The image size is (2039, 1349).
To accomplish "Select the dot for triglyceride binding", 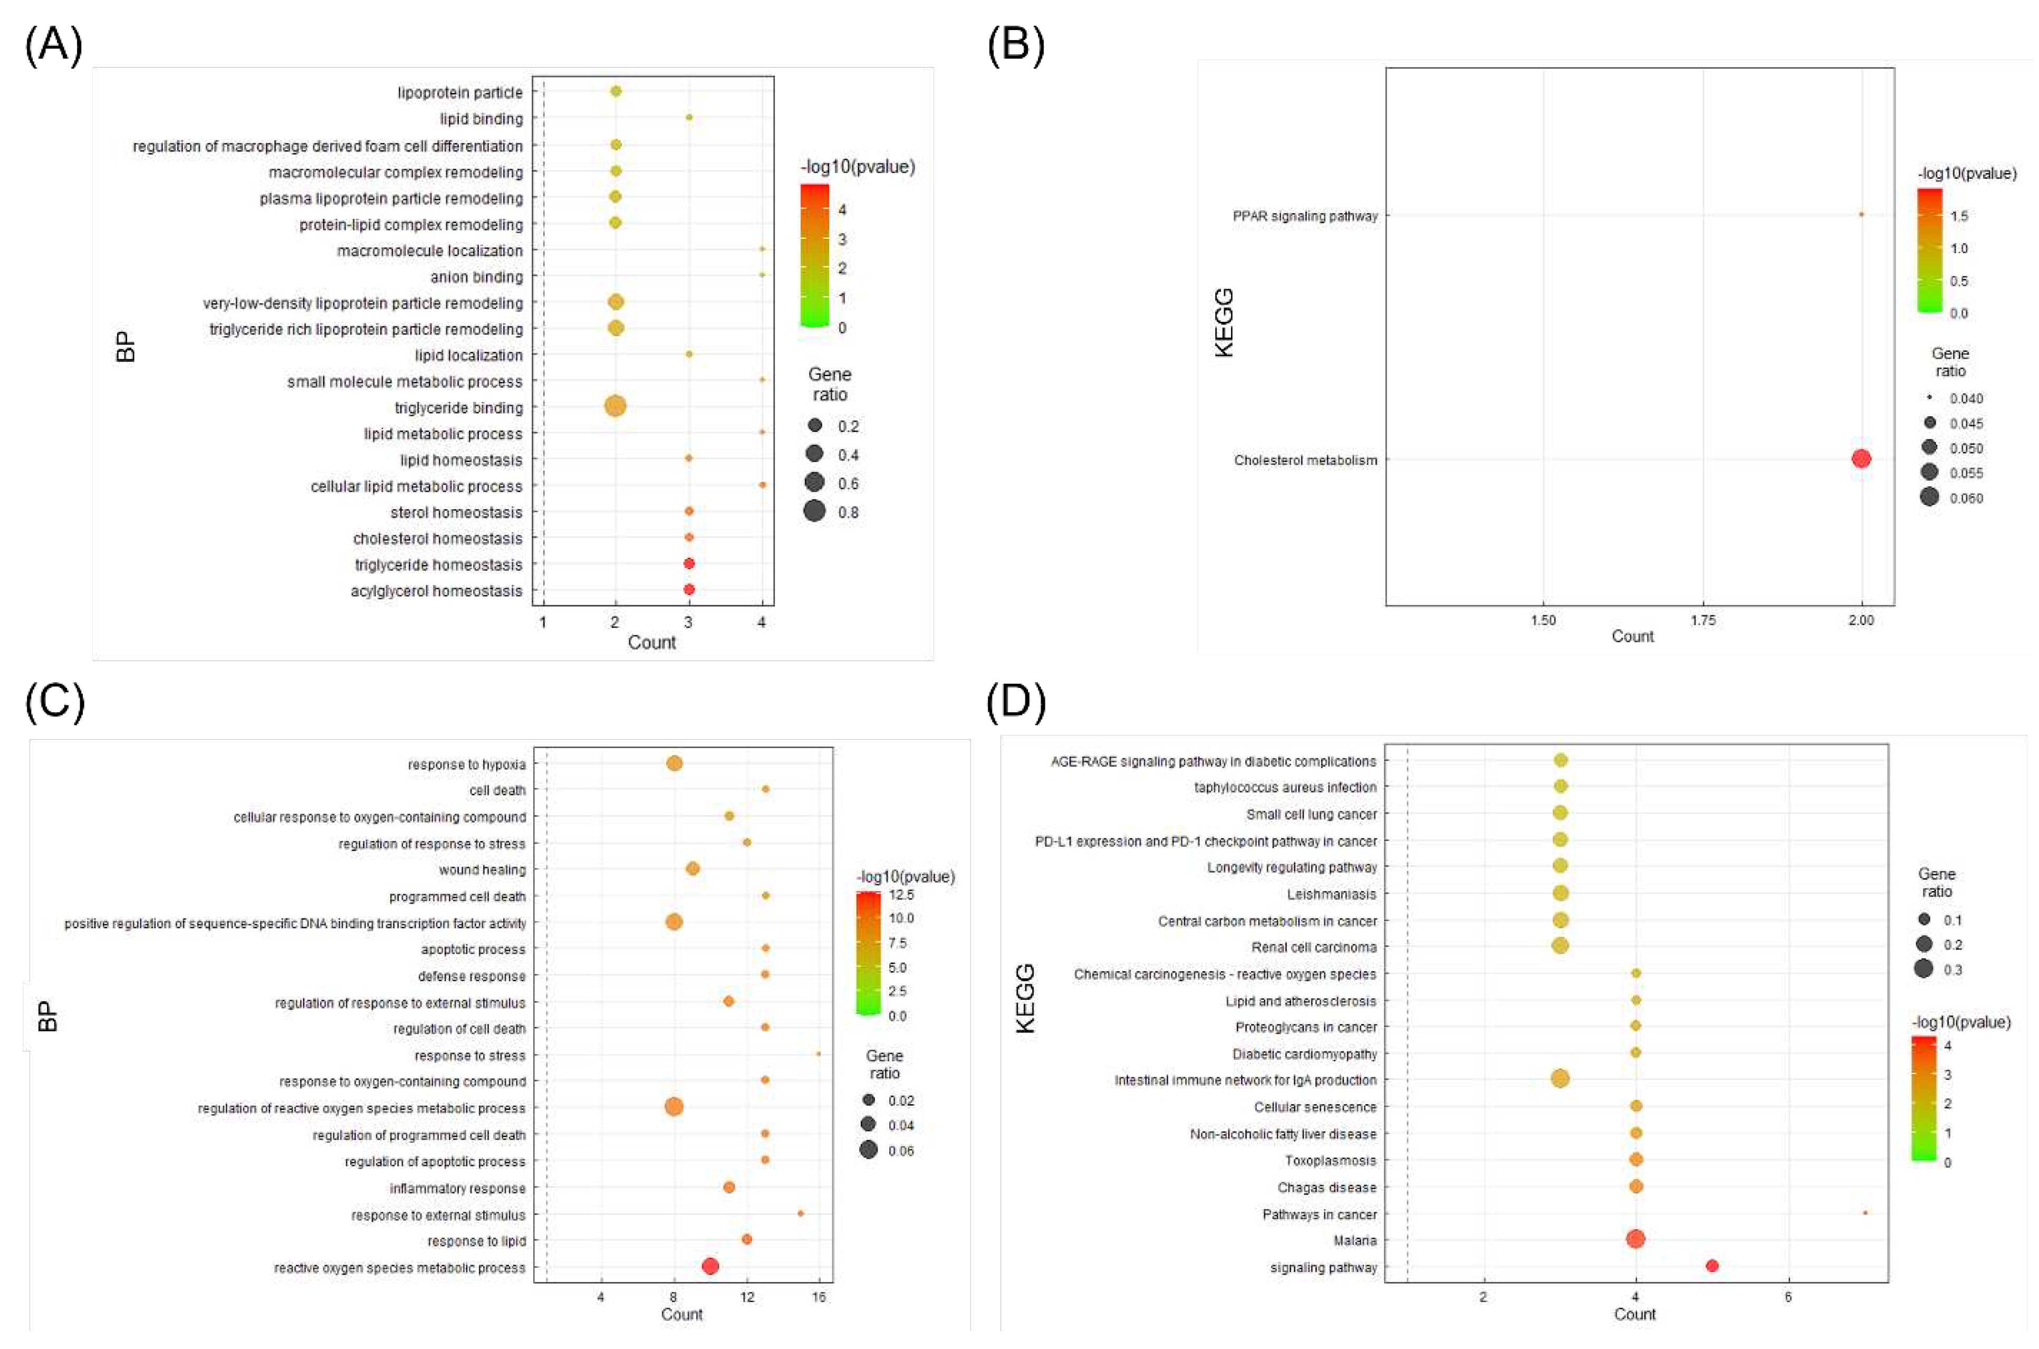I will (x=615, y=406).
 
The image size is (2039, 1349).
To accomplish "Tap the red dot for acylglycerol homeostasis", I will (x=689, y=589).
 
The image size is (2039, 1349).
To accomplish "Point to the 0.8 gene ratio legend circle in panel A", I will (x=814, y=512).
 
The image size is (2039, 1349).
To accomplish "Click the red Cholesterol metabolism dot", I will (x=1861, y=458).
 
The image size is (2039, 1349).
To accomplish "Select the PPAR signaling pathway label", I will (x=1305, y=216).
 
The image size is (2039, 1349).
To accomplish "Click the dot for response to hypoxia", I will (x=674, y=763).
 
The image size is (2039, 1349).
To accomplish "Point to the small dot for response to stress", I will (x=818, y=1054).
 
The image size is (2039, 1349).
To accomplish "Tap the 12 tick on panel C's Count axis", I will (x=746, y=1297).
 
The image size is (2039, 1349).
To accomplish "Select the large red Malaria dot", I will (x=1636, y=1239).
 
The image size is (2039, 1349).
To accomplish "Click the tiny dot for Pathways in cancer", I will (x=1864, y=1212).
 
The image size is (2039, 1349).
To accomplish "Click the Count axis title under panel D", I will (x=1634, y=1314).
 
